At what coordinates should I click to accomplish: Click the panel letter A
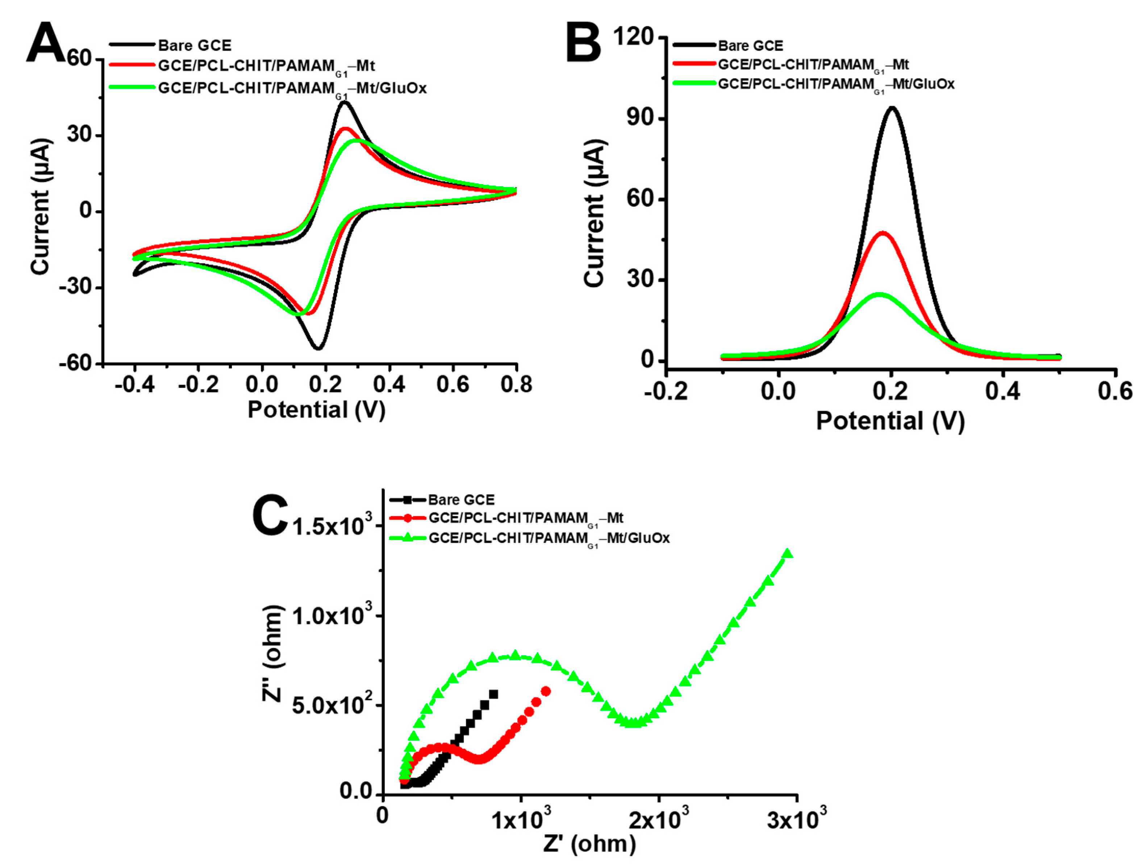coord(46,43)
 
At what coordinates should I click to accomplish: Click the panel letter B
coord(583,43)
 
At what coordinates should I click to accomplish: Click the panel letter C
coord(270,515)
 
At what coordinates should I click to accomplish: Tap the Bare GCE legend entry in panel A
coord(194,46)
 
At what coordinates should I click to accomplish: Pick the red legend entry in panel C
coord(525,518)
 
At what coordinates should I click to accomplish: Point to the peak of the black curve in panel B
coord(892,108)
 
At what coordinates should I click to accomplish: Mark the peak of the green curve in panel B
coord(879,294)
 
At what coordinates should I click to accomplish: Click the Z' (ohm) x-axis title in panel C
coord(589,843)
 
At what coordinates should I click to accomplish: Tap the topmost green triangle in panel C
coord(787,553)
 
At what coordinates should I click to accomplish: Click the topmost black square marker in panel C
coord(493,694)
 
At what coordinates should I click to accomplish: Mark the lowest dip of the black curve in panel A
coord(318,347)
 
